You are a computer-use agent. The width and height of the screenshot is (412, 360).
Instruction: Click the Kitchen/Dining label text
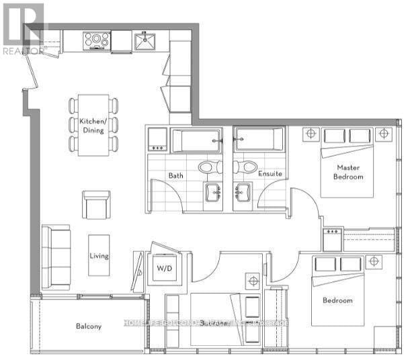(x=92, y=126)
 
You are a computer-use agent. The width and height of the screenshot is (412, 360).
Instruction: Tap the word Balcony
(x=88, y=327)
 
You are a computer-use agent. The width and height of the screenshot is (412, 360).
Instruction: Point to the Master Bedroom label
(x=349, y=172)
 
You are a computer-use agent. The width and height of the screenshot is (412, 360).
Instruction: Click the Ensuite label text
(x=270, y=174)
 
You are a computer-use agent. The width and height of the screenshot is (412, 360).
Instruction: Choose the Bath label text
(x=176, y=176)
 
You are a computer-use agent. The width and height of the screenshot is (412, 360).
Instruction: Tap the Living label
(x=99, y=256)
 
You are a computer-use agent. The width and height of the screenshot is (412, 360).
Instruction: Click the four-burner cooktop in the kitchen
(x=97, y=40)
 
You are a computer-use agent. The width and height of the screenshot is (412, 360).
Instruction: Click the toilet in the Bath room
(x=208, y=166)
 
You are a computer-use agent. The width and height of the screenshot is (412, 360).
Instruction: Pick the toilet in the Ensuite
(x=244, y=166)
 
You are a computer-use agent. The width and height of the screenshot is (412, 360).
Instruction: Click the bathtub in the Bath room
(x=196, y=141)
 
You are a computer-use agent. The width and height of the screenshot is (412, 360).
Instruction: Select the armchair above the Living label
(x=96, y=204)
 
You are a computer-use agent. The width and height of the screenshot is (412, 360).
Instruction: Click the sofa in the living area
(x=56, y=257)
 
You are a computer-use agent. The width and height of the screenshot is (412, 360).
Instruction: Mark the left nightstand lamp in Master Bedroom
(x=311, y=134)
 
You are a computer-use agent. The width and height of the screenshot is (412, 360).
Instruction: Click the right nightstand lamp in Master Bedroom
(x=384, y=134)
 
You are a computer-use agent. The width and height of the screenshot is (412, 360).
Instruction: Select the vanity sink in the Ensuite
(x=241, y=193)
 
